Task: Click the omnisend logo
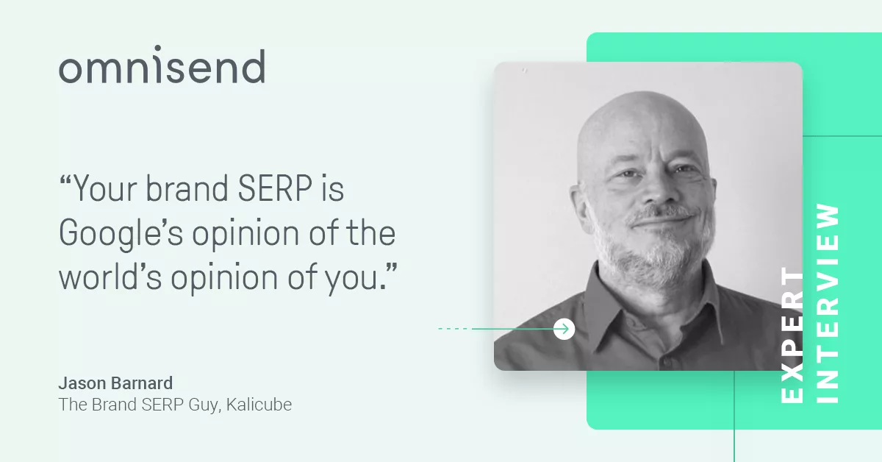pos(162,64)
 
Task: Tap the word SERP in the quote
pos(275,188)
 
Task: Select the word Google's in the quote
pos(121,233)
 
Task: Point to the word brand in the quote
pos(187,188)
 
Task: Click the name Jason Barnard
pos(115,383)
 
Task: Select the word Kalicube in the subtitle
pos(259,405)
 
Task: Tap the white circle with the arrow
pos(564,329)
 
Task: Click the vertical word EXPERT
pos(792,335)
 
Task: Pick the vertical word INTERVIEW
pos(828,304)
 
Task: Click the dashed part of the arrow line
pos(455,328)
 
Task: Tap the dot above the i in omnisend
pos(158,48)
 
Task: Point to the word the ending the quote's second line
pos(370,232)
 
